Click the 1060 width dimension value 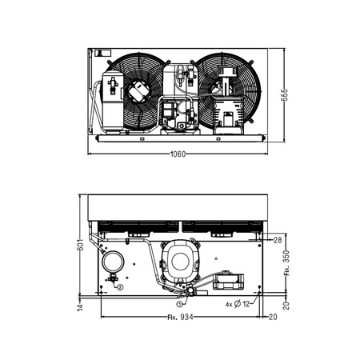[178, 154]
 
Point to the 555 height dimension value [285, 95]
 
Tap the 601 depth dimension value [80, 245]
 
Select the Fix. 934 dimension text [180, 318]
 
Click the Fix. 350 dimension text [286, 263]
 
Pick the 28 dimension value [278, 240]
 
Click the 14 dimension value [80, 307]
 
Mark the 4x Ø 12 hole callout [238, 304]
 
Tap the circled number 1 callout [179, 303]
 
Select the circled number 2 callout [120, 287]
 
